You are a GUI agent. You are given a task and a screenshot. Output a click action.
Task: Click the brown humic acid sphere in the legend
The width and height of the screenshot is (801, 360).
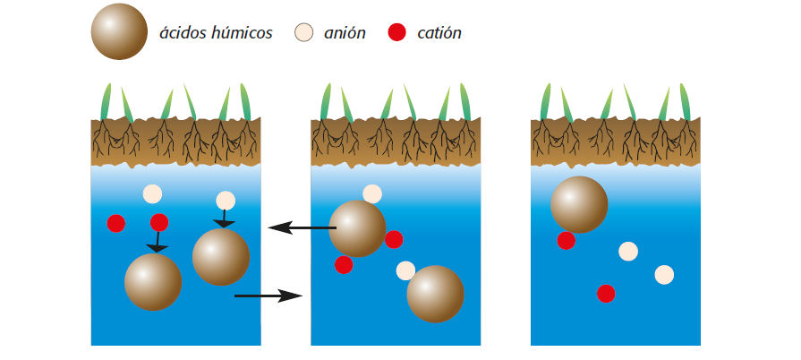(119, 32)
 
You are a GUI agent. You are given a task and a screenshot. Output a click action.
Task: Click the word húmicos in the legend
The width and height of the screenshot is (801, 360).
(241, 34)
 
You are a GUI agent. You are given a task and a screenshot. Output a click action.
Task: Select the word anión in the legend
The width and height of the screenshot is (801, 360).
(345, 34)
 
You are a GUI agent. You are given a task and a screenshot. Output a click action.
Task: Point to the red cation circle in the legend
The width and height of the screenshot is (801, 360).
(396, 33)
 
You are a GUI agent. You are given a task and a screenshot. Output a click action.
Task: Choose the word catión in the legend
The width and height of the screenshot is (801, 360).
(439, 34)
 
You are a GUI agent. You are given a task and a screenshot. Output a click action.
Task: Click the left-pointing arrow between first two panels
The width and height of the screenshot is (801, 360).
(301, 227)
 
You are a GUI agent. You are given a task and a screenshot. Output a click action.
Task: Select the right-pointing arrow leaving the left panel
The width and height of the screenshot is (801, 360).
(268, 295)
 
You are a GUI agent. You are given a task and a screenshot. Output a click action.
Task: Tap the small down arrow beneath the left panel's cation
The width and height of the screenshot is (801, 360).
(158, 241)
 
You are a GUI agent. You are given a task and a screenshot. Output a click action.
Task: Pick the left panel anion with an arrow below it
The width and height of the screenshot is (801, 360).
(226, 201)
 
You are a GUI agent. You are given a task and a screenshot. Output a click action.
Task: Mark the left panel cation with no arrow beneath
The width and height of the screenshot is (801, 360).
(116, 223)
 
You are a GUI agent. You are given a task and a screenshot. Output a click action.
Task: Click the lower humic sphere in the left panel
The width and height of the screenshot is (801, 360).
(153, 282)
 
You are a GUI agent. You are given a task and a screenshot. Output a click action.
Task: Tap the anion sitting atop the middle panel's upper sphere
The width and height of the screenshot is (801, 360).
(372, 193)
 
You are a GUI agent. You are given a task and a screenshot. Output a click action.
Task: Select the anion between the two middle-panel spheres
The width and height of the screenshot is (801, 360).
(405, 270)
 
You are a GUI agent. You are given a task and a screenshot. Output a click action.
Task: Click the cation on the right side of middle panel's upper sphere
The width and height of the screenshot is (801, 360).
(394, 239)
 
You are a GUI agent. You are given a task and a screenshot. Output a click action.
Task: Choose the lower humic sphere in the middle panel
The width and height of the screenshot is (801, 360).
(435, 294)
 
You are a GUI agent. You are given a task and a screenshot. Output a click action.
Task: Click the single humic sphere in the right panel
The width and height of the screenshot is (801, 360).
(579, 205)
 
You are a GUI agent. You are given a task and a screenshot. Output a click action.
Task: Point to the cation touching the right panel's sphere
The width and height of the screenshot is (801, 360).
(566, 240)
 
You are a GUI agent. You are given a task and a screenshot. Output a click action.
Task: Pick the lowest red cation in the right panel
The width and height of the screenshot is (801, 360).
(606, 293)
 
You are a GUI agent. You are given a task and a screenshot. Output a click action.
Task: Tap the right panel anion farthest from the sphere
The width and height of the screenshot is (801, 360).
(663, 275)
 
